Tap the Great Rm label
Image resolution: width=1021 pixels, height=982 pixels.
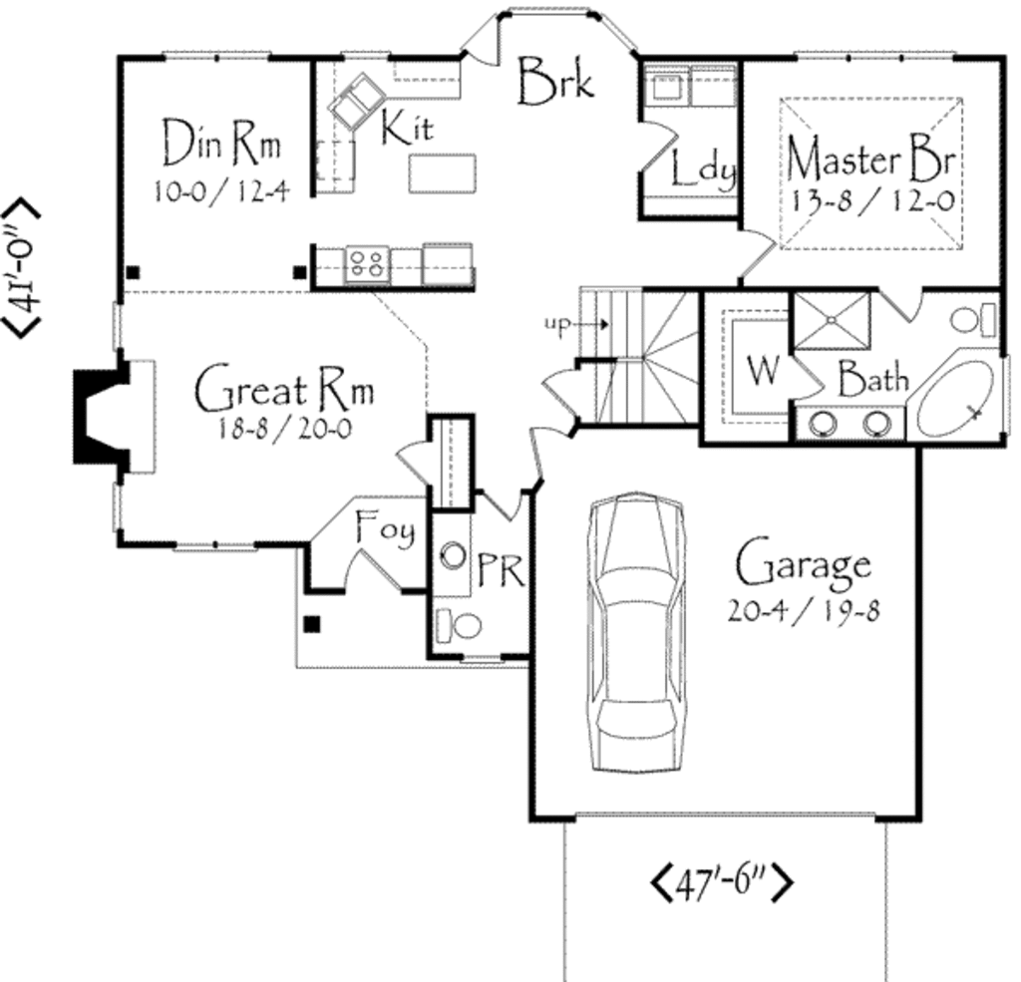click(x=284, y=391)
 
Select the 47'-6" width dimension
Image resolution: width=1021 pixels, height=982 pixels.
click(x=723, y=882)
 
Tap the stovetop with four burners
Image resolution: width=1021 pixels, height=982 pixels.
click(x=366, y=264)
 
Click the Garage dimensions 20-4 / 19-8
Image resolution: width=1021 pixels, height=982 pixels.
click(x=804, y=611)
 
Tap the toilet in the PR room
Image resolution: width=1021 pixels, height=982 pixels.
click(x=459, y=625)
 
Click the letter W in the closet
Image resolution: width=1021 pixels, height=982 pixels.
click(x=762, y=371)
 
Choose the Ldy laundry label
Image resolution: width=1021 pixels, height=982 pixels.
click(x=702, y=169)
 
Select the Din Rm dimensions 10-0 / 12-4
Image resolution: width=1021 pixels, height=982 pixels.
click(x=221, y=191)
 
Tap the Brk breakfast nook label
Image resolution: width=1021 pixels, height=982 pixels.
click(x=556, y=80)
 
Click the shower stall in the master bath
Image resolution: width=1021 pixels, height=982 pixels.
click(x=832, y=320)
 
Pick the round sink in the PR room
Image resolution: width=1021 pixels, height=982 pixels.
click(x=454, y=555)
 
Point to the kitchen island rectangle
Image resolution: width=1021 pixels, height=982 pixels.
click(x=442, y=172)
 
